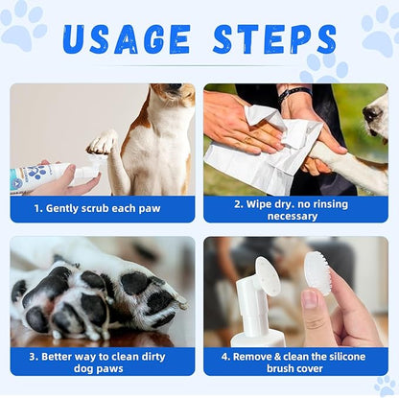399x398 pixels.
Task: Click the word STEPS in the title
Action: pos(274,39)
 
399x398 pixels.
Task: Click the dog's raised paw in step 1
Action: pos(102,143)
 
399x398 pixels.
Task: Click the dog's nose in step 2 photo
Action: pos(370,114)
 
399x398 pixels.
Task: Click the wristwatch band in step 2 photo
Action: pos(294,92)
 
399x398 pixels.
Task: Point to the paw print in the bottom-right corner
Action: pos(386,386)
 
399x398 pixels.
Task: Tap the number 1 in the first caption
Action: pos(38,208)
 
